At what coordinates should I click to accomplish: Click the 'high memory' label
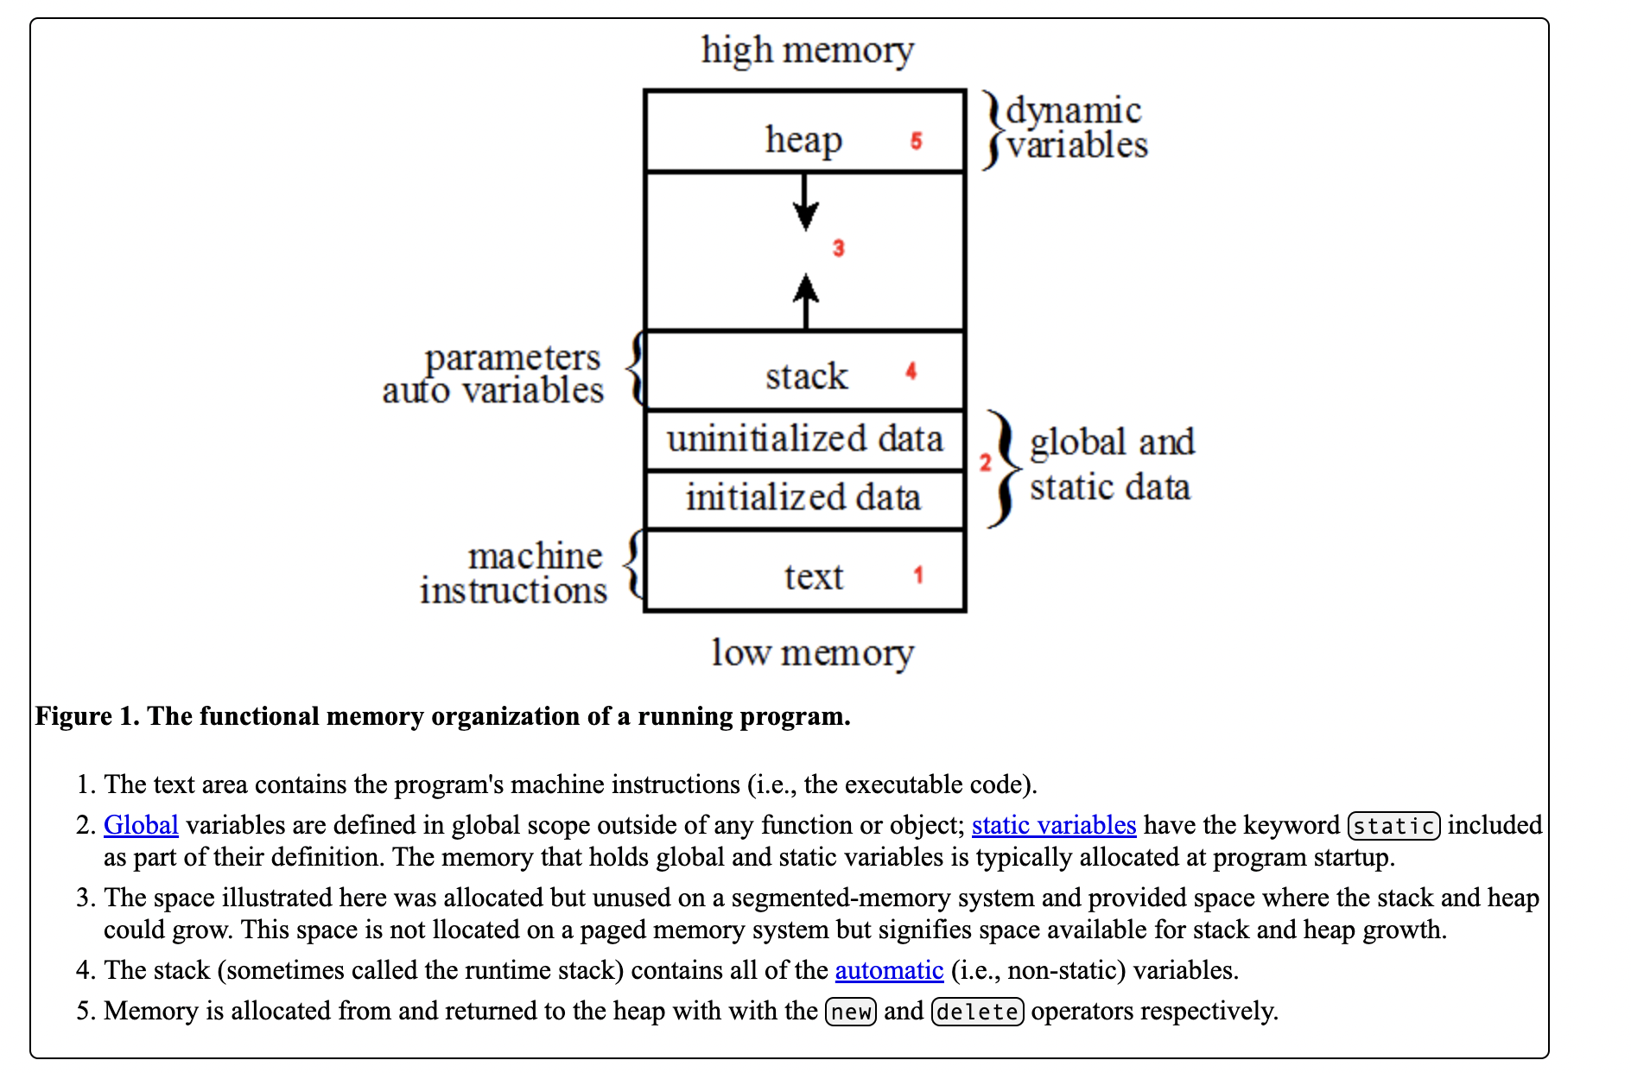[x=807, y=50]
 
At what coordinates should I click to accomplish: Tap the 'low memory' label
[x=812, y=653]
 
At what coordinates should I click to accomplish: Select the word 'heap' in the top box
[x=803, y=140]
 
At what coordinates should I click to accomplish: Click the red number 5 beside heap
[x=916, y=141]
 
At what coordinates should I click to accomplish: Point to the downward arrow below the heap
[x=805, y=203]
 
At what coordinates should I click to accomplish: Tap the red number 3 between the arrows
[x=838, y=249]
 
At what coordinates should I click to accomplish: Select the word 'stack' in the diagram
[x=806, y=376]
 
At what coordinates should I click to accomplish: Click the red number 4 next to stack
[x=911, y=371]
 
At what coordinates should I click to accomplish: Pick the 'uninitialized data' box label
[x=804, y=439]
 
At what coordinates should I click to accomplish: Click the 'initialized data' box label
[x=803, y=498]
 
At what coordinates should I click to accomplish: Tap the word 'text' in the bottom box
[x=813, y=576]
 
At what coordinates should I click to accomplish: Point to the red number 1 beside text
[x=918, y=575]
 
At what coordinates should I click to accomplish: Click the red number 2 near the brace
[x=985, y=462]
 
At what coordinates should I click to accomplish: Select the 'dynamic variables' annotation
[x=1076, y=128]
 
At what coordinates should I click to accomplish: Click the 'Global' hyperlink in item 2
[x=141, y=825]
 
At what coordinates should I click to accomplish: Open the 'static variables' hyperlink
[x=1053, y=825]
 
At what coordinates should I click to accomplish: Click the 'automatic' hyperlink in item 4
[x=889, y=970]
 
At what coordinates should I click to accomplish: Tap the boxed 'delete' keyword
[x=977, y=1012]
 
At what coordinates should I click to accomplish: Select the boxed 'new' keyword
[x=851, y=1012]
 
